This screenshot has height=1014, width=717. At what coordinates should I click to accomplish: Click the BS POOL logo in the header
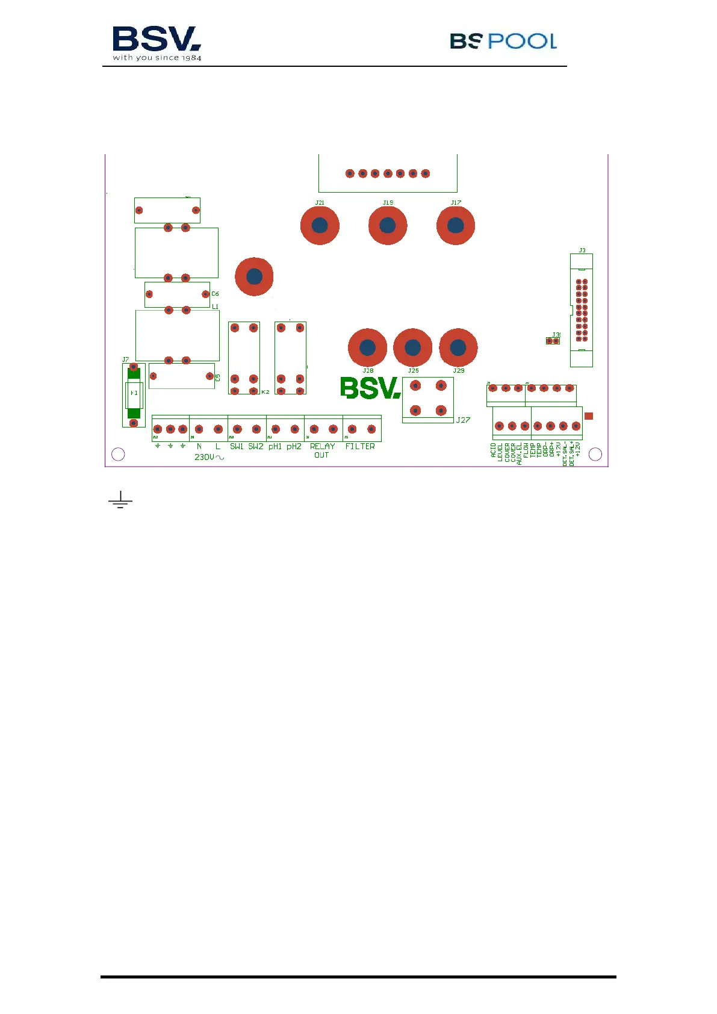coord(503,41)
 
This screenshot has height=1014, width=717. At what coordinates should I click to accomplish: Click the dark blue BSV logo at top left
coord(157,43)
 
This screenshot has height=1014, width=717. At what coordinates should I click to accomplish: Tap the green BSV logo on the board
coord(370,388)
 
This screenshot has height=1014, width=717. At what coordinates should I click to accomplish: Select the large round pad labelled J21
coord(320,226)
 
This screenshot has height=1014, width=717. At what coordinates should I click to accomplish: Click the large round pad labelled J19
coord(388,226)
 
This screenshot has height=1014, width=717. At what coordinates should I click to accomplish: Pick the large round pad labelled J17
coord(456,226)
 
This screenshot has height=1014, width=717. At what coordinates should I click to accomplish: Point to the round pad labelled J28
coord(367,347)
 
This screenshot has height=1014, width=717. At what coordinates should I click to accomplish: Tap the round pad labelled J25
coord(412,347)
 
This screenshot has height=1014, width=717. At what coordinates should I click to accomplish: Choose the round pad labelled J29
coord(458,347)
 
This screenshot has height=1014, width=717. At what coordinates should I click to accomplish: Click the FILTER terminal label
coord(360,447)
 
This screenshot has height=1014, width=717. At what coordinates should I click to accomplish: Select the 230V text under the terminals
coord(208,458)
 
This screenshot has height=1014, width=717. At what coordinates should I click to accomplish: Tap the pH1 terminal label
coord(275,447)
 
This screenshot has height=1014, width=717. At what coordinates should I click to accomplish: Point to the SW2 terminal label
coord(256,447)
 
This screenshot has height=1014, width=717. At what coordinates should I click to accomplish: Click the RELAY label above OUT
coord(322,447)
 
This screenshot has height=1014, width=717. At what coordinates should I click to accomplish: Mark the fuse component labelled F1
coord(134,393)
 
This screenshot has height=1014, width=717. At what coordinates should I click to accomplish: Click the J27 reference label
coord(463,420)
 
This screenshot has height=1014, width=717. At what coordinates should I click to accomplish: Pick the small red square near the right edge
coord(589,416)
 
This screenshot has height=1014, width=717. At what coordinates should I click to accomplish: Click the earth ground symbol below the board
coord(120,500)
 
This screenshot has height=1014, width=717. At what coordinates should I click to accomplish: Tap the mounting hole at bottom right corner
coord(595,455)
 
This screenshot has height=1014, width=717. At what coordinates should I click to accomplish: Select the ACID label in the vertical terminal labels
coord(494,451)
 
